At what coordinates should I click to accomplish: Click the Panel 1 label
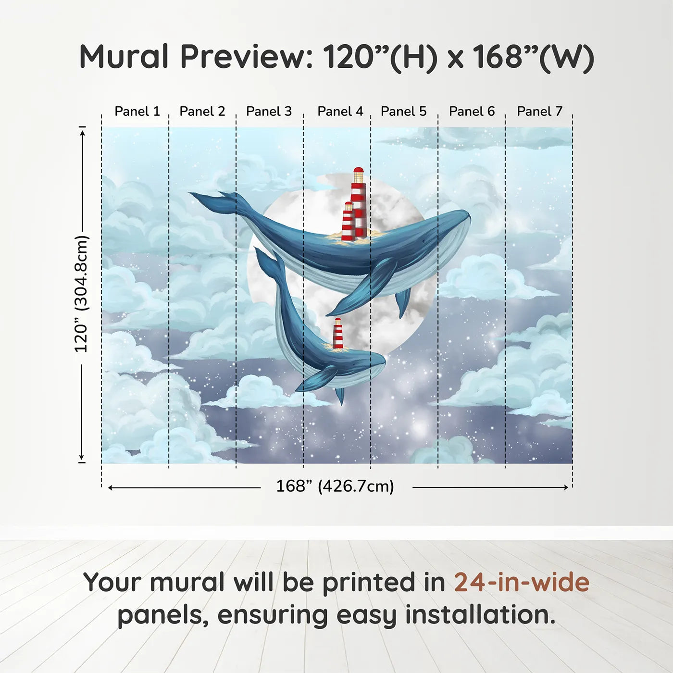click(x=137, y=112)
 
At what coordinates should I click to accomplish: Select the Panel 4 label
click(x=340, y=112)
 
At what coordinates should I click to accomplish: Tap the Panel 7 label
click(x=539, y=112)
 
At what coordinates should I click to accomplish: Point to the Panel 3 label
click(x=269, y=112)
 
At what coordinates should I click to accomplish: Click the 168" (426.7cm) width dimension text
click(x=335, y=486)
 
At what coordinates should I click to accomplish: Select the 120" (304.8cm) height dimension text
click(x=81, y=294)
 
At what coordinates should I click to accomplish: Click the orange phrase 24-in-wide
click(x=522, y=583)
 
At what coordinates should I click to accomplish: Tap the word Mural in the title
click(x=124, y=57)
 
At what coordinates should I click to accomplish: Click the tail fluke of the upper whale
click(x=212, y=199)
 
